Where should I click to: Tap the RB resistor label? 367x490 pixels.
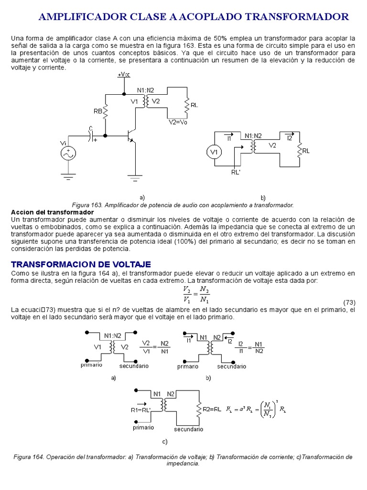[97, 111]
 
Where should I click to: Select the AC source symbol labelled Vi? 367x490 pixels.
[68, 153]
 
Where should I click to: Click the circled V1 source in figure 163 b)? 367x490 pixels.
[214, 152]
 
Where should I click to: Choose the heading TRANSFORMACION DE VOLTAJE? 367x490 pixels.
[81, 264]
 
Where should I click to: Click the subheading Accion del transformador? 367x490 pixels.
[53, 212]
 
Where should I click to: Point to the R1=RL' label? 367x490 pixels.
[140, 409]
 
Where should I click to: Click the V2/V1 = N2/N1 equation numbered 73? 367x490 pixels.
[196, 295]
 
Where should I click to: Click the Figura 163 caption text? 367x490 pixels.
[182, 205]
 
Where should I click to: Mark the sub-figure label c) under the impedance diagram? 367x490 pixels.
[165, 441]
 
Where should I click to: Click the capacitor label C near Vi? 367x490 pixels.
[90, 128]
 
